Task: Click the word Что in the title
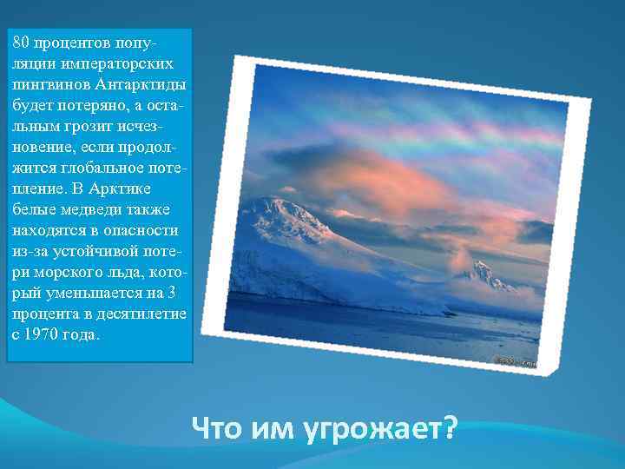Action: pyautogui.click(x=216, y=429)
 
